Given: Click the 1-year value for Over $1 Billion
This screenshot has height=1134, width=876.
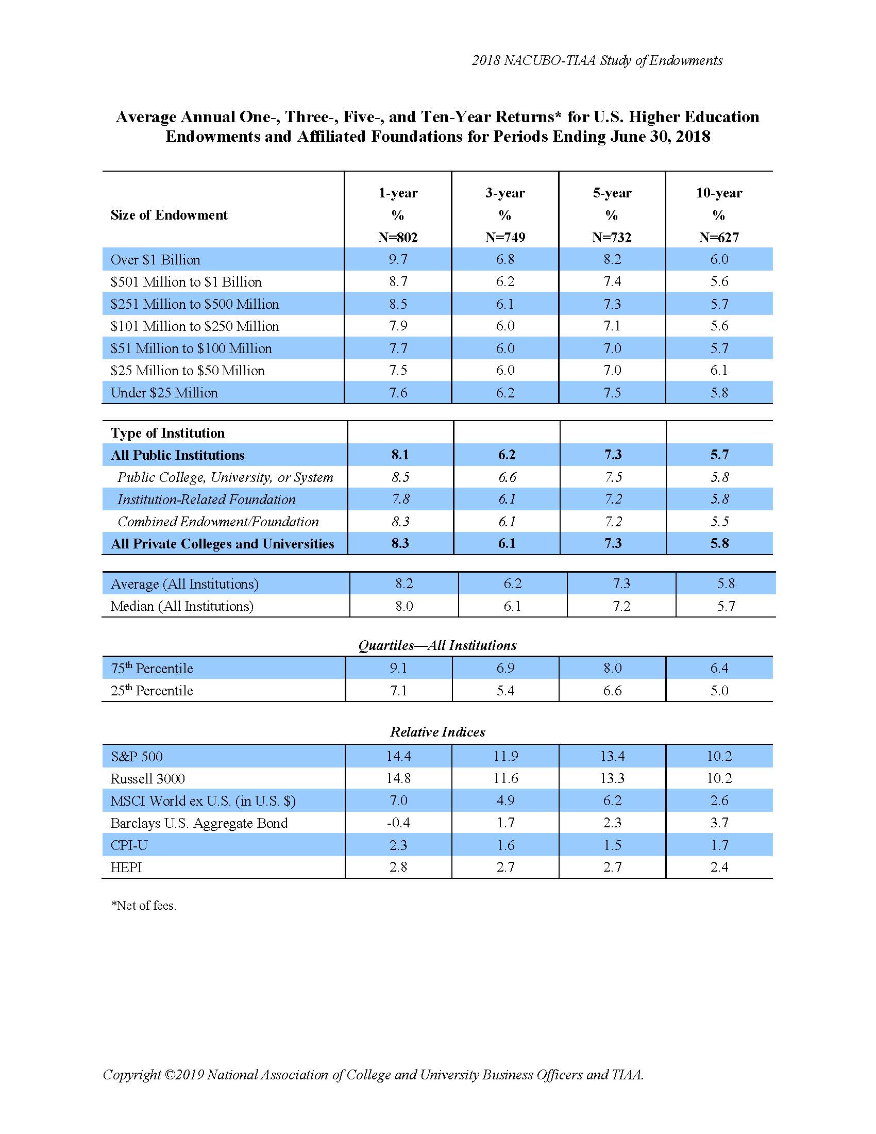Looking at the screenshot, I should (398, 259).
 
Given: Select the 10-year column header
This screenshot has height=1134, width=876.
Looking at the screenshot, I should (719, 193).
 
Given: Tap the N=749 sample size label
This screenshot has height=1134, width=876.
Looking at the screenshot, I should (505, 237).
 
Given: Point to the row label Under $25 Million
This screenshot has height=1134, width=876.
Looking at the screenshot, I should (164, 393).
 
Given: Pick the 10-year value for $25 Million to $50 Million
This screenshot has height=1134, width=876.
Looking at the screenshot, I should (719, 370).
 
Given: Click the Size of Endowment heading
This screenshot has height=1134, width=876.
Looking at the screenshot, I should (169, 215).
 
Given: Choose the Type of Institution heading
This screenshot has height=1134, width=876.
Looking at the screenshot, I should (167, 433).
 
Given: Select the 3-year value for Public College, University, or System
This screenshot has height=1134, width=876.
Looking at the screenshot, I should (507, 477).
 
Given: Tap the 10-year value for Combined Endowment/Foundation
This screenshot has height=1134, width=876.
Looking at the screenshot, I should (719, 521).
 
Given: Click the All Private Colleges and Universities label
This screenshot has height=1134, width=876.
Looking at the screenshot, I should (222, 544).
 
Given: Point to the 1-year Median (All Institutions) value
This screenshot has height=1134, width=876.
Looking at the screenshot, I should (404, 606).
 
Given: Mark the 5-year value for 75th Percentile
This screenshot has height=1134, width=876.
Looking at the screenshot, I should (612, 668).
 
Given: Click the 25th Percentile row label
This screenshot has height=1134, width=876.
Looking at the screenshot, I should (151, 691).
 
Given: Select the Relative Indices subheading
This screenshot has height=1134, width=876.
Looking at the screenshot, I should (437, 731).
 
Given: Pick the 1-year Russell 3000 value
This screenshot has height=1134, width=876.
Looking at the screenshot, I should (398, 778).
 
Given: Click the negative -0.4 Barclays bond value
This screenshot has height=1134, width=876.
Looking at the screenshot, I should (398, 823).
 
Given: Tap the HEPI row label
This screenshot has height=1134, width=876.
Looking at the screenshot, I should (126, 867).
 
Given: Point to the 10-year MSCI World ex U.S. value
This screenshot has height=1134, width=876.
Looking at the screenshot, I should (719, 801).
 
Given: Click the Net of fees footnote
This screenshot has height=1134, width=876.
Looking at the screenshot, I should (144, 906).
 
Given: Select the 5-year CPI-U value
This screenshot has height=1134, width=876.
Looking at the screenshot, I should (612, 845).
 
